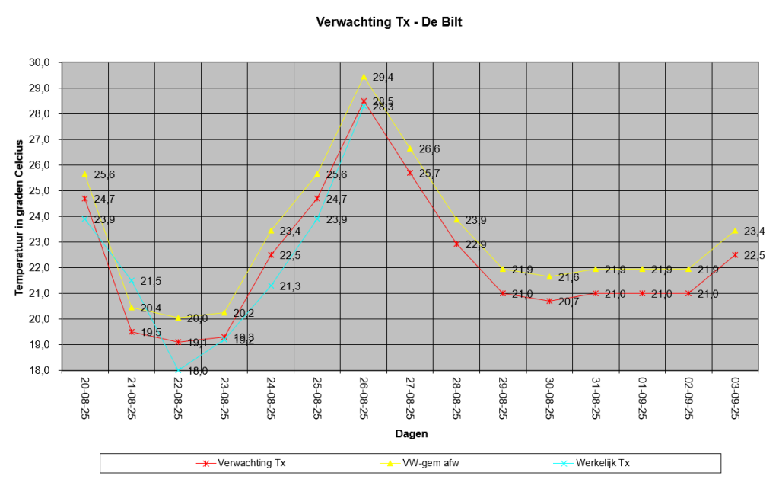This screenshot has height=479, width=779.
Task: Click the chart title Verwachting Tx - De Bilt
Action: (x=389, y=22)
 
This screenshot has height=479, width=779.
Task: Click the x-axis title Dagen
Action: (x=411, y=434)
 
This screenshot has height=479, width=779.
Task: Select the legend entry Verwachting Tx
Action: (x=252, y=462)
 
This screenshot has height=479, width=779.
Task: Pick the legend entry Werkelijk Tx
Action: (x=603, y=462)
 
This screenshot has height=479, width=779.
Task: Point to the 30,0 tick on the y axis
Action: (x=40, y=62)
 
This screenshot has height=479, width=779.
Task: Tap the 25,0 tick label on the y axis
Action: (x=40, y=190)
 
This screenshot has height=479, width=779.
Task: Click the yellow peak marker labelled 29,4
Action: (x=364, y=77)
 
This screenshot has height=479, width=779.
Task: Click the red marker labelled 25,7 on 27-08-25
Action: (x=410, y=173)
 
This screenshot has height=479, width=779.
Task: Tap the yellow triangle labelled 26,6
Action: (x=410, y=148)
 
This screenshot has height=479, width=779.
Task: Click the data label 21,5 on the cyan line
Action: (x=151, y=282)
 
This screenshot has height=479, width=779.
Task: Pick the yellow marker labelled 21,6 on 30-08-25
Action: (x=549, y=276)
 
